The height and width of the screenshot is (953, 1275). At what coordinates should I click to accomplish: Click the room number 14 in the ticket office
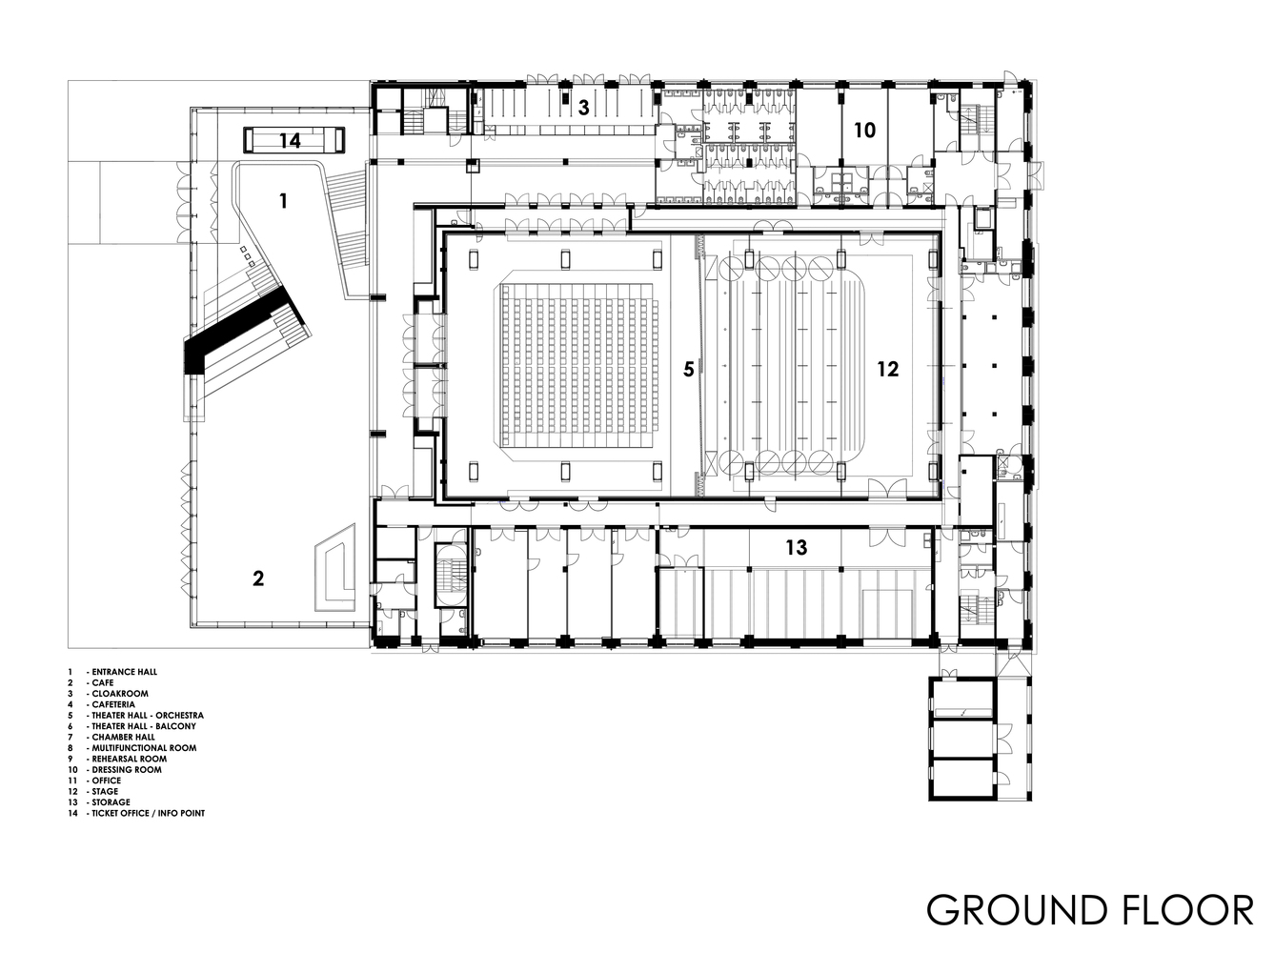pos(290,141)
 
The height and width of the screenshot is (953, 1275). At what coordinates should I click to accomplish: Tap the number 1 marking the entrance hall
pos(282,200)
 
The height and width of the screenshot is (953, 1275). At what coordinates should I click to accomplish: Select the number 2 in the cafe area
pos(257,578)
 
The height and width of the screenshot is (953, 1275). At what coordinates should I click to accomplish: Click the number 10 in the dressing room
pos(864,130)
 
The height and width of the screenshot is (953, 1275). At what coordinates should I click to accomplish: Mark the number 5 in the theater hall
pos(688,369)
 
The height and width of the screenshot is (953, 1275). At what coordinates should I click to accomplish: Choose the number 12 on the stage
pos(887,369)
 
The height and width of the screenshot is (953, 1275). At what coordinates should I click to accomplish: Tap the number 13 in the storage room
pos(796,547)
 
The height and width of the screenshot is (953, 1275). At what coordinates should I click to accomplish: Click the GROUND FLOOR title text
pos(1089,910)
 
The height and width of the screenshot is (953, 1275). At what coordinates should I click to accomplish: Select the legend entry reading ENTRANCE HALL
pos(125,672)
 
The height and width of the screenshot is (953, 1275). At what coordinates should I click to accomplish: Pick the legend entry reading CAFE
pos(102,683)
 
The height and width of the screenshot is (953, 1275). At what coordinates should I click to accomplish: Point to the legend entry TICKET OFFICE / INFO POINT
pos(148,813)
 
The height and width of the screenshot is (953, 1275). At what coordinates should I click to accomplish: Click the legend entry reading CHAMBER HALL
pos(124,737)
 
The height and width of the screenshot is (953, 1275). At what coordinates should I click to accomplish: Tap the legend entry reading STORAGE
pos(111,802)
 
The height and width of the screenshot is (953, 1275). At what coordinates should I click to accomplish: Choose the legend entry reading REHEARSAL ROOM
pos(127,759)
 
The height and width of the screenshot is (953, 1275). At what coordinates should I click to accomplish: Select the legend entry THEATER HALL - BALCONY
pos(144,726)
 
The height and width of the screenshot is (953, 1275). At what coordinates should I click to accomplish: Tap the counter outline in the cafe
pos(335,572)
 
